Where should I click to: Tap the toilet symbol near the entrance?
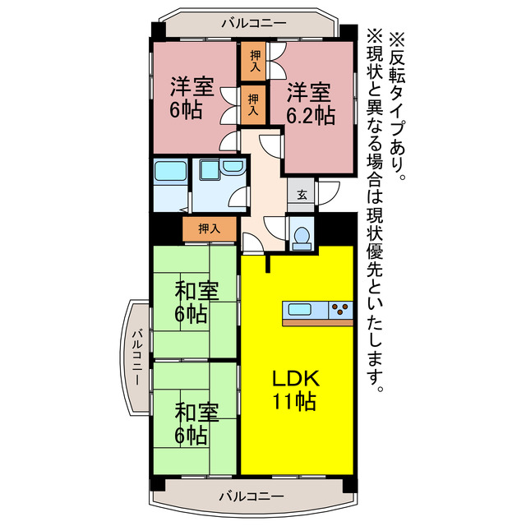click(300, 233)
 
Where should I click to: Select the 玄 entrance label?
click(302, 195)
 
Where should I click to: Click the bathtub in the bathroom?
click(171, 175)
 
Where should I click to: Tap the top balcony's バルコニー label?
click(254, 23)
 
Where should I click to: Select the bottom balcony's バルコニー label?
click(251, 496)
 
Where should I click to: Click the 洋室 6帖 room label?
click(191, 97)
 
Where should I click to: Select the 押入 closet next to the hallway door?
click(253, 104)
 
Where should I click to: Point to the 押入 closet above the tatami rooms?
click(210, 228)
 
